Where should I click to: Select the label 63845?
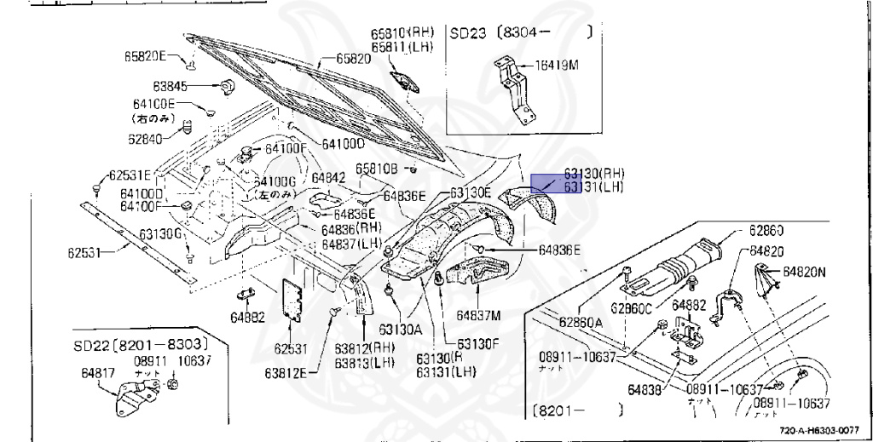point(170,86)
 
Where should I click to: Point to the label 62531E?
point(129,176)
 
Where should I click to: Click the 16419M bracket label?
point(559,64)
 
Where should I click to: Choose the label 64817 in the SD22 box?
point(99,372)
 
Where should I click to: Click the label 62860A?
point(581,322)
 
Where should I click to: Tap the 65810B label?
point(377,169)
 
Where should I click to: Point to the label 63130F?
point(480,343)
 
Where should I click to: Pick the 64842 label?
point(328,177)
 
